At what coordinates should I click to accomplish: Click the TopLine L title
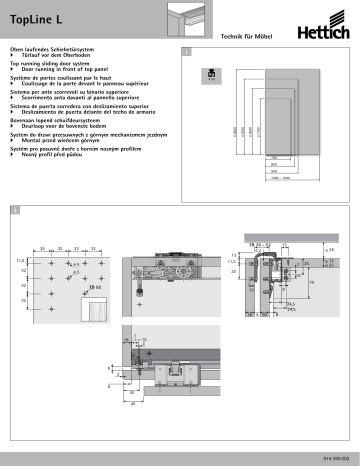(34, 17)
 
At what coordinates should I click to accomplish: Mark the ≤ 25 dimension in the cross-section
(331, 250)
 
